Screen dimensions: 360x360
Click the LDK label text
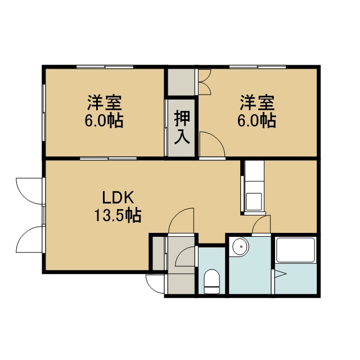point(118,197)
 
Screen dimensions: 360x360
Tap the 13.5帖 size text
point(118,215)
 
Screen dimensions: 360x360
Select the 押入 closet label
point(182,127)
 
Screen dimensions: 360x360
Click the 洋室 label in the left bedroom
point(104,103)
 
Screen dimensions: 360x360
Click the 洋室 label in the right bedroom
point(258,103)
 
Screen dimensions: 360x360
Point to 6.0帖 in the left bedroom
point(104,120)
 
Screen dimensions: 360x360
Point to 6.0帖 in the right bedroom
point(256,120)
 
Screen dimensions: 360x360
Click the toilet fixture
point(212,281)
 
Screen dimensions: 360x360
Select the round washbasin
point(240,246)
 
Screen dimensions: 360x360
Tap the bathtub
point(295,250)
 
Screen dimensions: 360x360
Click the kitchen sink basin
point(254,201)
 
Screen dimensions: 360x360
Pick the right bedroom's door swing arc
point(215,140)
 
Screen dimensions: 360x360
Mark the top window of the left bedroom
point(105,67)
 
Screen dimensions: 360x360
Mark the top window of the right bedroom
point(258,67)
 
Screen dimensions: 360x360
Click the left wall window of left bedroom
point(44,112)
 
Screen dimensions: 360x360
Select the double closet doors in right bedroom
point(204,82)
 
